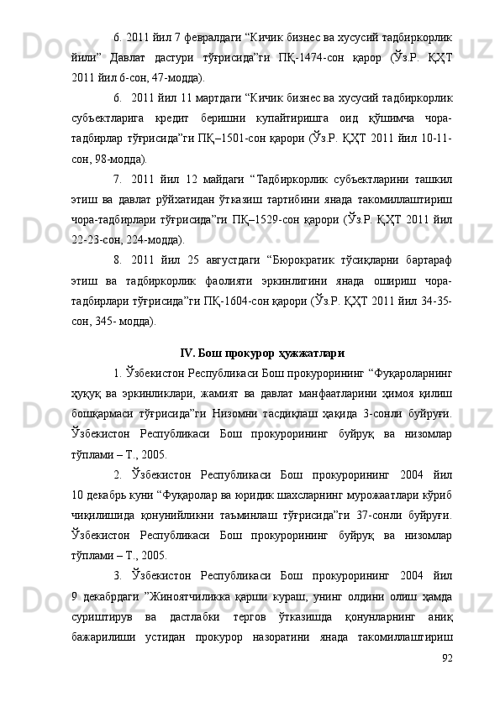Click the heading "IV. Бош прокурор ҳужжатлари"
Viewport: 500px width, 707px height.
coord(261,328)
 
